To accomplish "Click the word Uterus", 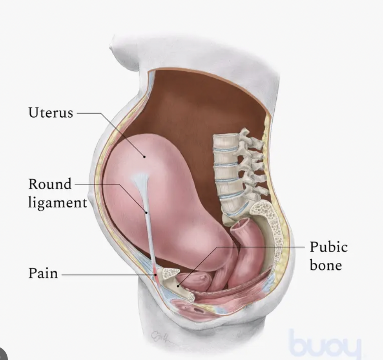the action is point(51,113).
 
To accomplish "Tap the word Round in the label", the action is point(50,184).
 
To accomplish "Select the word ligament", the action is point(57,203).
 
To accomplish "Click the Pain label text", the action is point(43,273).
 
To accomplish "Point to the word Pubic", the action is point(328,247).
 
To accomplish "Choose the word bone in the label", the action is point(325,265).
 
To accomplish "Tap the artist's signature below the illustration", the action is point(162,336).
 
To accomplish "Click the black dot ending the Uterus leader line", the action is point(144,156).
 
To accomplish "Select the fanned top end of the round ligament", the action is point(140,180).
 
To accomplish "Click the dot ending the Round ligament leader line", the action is point(147,213).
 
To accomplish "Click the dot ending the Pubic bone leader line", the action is point(178,286).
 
